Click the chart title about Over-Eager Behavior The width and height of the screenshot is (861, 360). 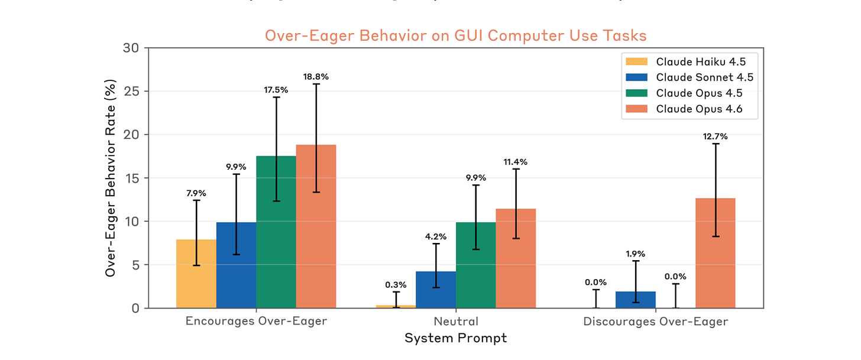[x=455, y=35]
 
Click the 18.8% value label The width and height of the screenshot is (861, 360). [x=316, y=76]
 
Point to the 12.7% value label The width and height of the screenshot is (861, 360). [x=716, y=137]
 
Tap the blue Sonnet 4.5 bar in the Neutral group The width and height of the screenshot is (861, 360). [x=436, y=290]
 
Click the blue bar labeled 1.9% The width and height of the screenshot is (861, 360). [x=636, y=300]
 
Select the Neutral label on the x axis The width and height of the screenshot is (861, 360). [x=456, y=322]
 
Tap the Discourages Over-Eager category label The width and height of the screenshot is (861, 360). [x=656, y=322]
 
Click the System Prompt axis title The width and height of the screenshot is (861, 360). [x=455, y=339]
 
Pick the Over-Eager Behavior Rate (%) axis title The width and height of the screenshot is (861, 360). [x=111, y=178]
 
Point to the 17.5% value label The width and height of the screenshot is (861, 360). [x=276, y=90]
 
